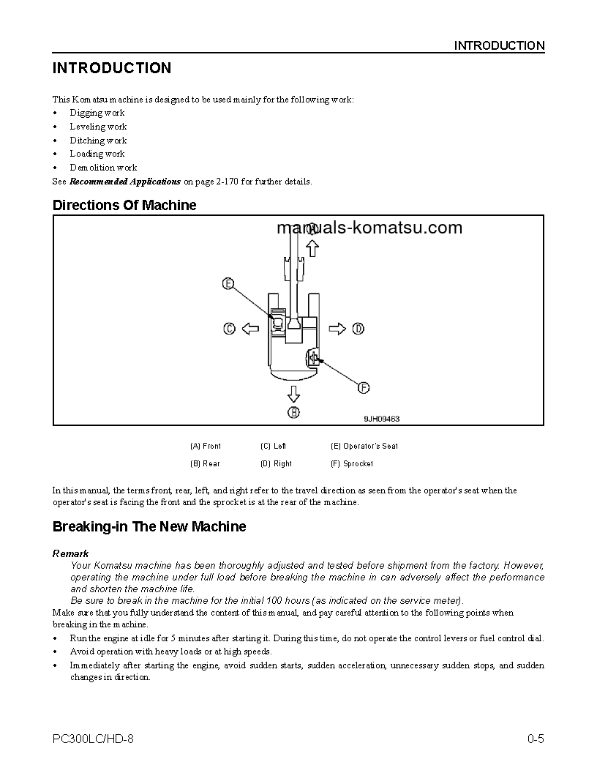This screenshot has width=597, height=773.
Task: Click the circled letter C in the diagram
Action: click(229, 329)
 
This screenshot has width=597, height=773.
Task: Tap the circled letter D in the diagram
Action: click(358, 329)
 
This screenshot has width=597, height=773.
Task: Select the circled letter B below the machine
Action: click(293, 413)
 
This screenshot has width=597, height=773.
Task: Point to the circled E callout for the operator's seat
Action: click(228, 283)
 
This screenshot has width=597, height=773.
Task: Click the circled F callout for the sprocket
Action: click(363, 388)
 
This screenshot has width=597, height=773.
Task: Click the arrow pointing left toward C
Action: click(250, 329)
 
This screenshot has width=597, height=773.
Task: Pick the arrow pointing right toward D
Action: click(337, 329)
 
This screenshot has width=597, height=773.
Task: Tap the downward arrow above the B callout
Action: click(293, 394)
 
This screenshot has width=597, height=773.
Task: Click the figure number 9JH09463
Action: click(382, 419)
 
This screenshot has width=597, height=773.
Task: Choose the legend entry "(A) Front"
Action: click(206, 446)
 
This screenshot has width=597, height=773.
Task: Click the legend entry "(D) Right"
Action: click(276, 463)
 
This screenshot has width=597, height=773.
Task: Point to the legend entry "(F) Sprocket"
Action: click(352, 463)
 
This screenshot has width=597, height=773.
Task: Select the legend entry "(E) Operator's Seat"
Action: click(364, 446)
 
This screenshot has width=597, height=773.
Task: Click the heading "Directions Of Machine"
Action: click(124, 206)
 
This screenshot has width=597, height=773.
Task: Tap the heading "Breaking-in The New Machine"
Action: click(149, 527)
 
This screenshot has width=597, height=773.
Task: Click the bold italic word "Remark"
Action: click(71, 554)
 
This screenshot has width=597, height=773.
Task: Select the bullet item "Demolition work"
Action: click(103, 168)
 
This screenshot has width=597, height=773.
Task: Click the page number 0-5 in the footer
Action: click(536, 739)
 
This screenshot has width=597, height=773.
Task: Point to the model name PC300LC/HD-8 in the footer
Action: click(93, 739)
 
